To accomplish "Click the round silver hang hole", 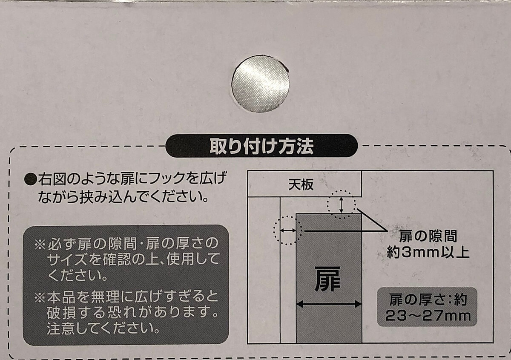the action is (261, 84).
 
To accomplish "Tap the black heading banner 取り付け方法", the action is (261, 146).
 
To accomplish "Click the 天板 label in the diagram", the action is (301, 184).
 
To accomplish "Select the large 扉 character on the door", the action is (327, 279).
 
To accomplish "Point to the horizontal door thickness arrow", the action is (329, 304).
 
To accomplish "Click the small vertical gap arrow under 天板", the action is (341, 205).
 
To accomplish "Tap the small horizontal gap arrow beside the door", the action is (288, 230).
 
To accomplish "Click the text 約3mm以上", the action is (428, 253).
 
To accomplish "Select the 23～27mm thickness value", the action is (428, 316).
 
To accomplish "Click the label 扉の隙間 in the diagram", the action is (428, 236).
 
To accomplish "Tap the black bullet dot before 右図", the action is (31, 179).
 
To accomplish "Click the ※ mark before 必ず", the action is (40, 244).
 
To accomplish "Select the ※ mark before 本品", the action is (40, 298).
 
